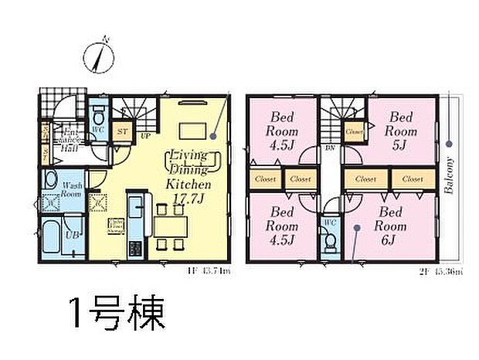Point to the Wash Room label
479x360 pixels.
click(x=73, y=189)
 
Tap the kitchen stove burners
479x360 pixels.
click(x=135, y=250)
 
